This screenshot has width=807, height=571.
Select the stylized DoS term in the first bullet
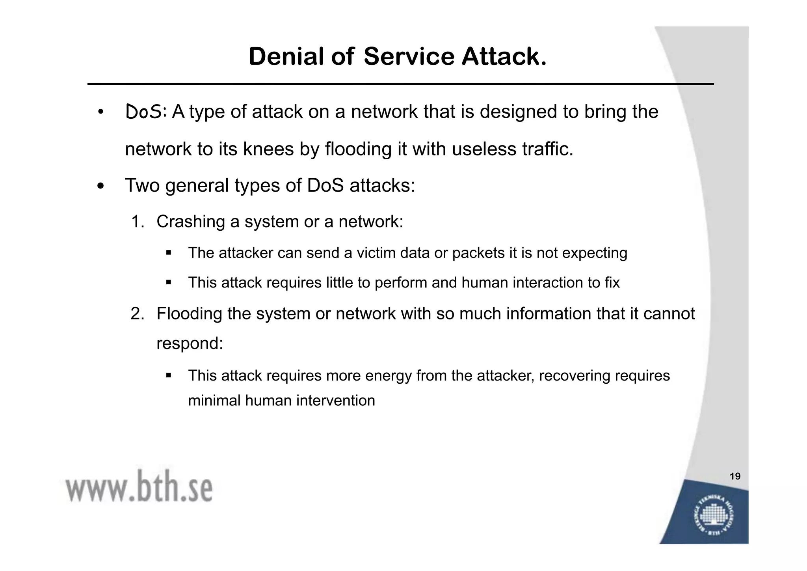coord(144,112)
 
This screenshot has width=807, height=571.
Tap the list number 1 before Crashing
coord(136,222)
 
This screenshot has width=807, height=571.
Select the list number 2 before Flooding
coord(136,314)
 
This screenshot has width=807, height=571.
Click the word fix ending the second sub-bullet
coord(612,283)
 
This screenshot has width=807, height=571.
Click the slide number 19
coord(735,476)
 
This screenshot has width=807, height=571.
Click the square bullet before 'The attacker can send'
coord(169,252)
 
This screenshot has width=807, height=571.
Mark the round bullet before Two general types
coord(101,186)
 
